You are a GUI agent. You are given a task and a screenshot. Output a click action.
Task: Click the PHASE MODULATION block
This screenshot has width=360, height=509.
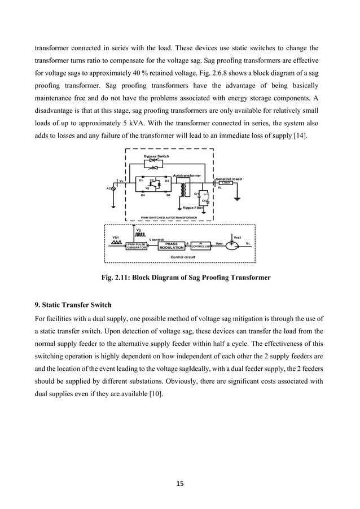[x=172, y=245]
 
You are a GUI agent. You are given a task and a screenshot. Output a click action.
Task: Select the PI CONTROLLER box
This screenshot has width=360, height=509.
[x=201, y=245]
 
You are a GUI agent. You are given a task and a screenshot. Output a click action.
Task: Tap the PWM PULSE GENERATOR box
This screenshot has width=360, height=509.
[x=136, y=245]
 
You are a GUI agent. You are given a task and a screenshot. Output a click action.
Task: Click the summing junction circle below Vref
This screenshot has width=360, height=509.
[x=231, y=245]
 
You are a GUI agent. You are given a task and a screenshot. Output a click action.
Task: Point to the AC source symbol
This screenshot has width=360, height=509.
[x=113, y=188]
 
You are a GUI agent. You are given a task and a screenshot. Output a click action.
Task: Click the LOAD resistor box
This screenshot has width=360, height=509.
[x=226, y=183]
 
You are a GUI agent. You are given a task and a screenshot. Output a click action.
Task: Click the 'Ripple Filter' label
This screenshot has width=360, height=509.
[x=193, y=208]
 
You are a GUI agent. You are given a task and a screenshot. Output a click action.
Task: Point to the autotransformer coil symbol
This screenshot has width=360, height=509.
[x=183, y=191]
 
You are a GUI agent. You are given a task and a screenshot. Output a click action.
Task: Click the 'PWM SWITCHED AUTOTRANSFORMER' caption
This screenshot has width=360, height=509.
[x=169, y=217]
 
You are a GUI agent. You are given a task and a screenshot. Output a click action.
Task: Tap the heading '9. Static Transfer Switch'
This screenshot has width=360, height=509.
[x=73, y=305]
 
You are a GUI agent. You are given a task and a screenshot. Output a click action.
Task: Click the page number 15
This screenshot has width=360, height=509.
[x=179, y=483]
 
